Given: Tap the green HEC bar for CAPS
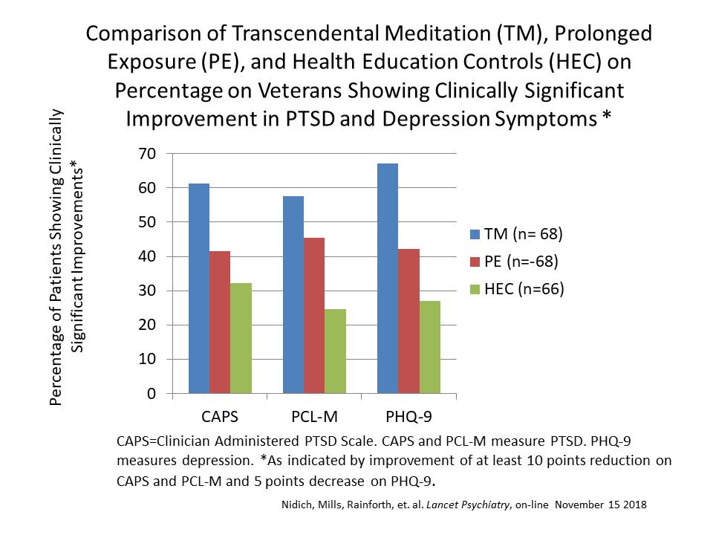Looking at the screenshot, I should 241,338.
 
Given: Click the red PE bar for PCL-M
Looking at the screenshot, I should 314,315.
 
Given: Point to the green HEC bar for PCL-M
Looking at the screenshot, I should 335,351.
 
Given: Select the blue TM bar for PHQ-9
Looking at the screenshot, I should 388,278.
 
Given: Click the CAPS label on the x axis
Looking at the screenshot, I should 220,413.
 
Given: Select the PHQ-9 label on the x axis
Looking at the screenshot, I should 408,413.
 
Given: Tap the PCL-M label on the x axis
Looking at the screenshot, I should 314,413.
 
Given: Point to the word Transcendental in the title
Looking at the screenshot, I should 286,33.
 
